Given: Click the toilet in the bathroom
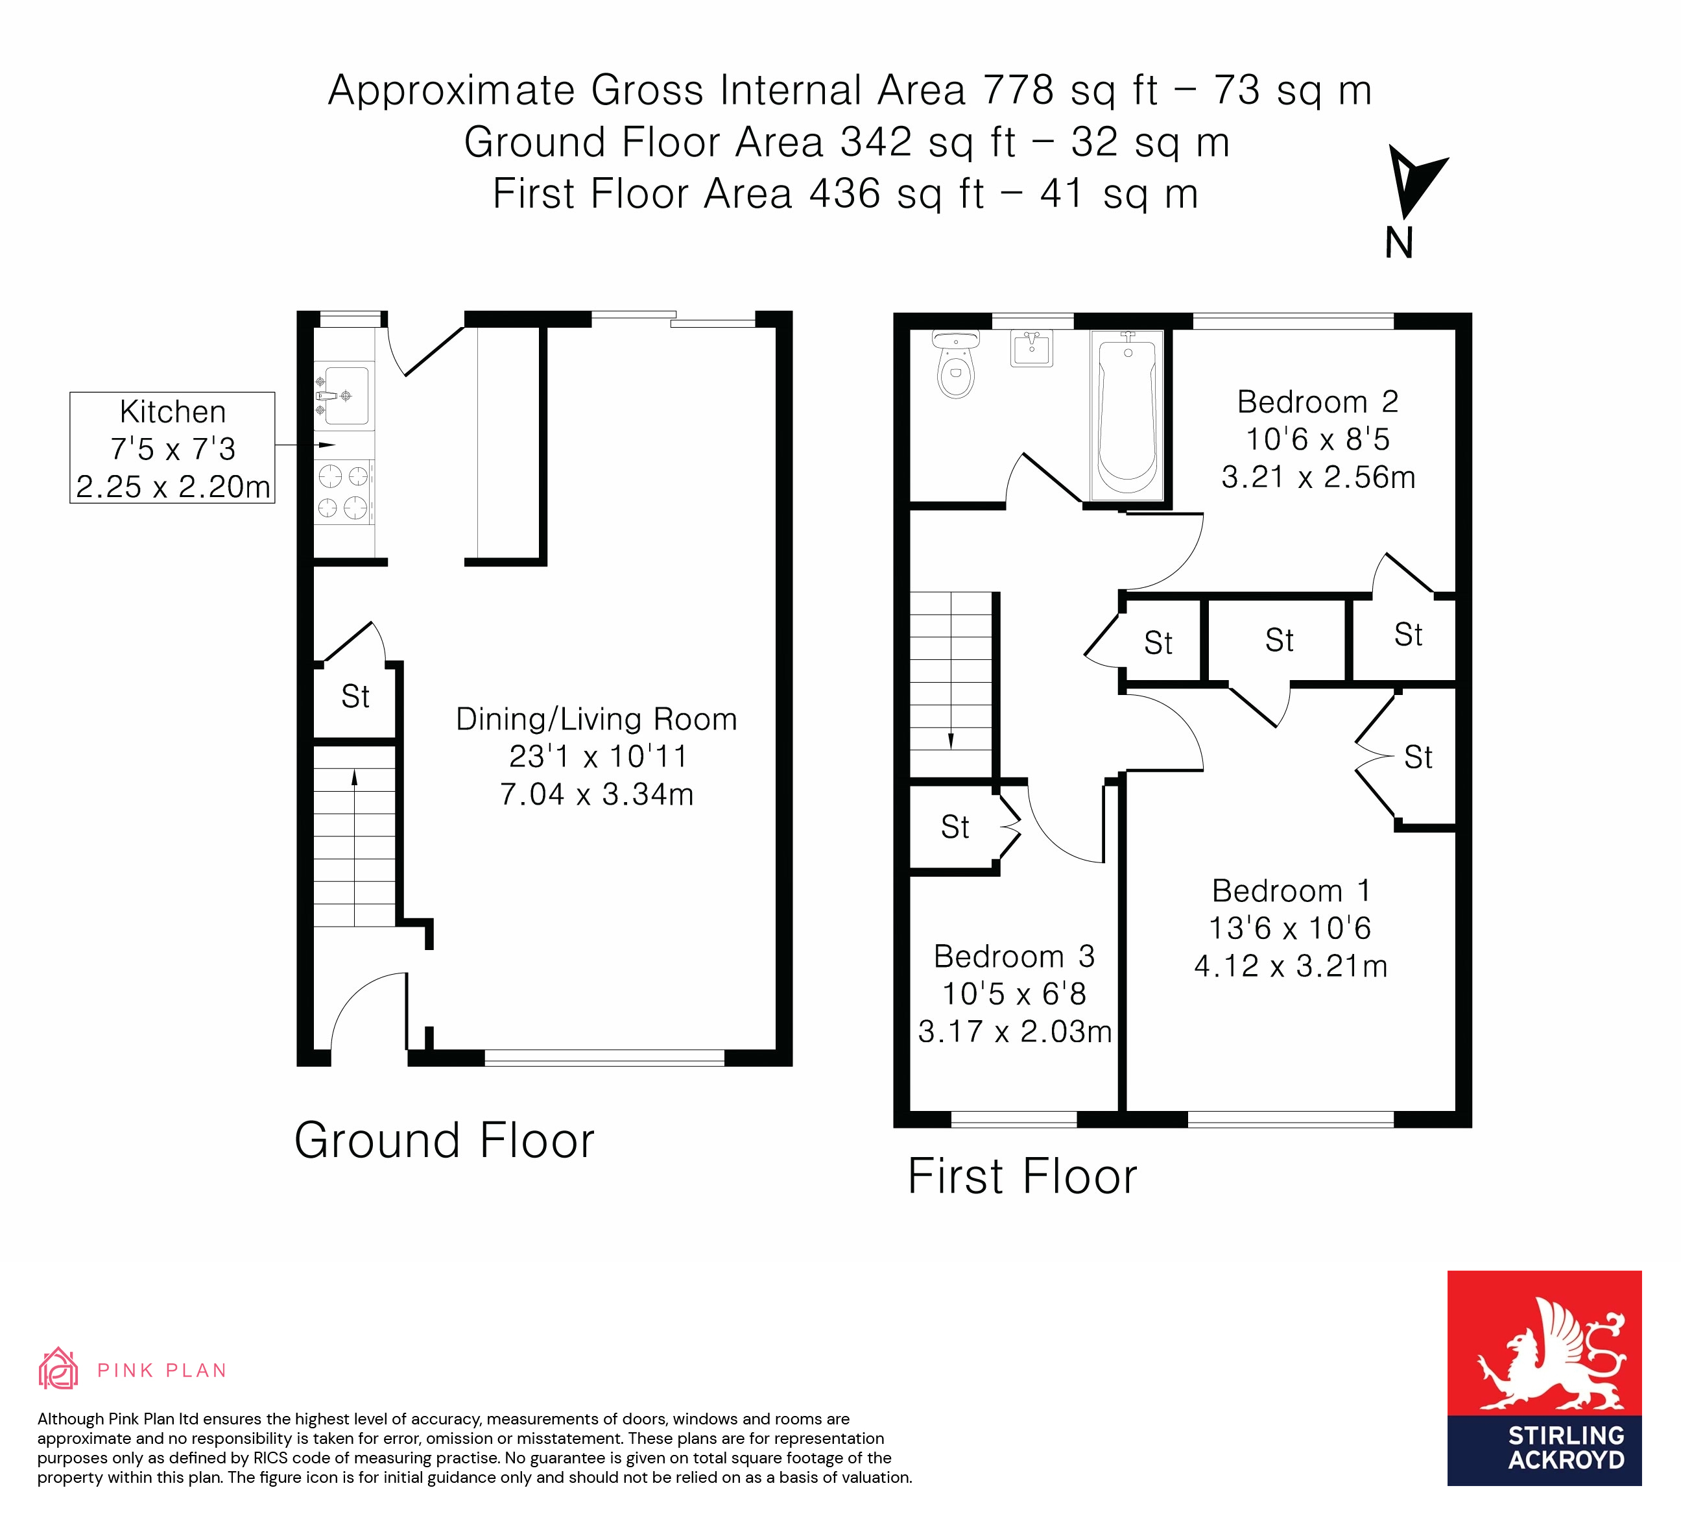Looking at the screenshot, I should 955,367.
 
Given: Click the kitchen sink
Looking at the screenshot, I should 344,395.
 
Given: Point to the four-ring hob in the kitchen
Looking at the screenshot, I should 344,491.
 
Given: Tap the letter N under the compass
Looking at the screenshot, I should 1399,243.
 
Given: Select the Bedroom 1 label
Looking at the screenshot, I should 1291,891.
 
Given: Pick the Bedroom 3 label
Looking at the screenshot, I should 1013,956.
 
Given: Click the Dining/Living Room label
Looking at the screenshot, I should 596,719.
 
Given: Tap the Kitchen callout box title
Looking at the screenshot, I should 173,412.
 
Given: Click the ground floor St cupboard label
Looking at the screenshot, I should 355,696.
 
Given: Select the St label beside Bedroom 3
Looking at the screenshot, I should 955,827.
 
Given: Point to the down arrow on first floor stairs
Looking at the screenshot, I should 951,740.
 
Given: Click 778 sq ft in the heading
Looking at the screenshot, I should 1070,90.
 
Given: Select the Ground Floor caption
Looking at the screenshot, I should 444,1140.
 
